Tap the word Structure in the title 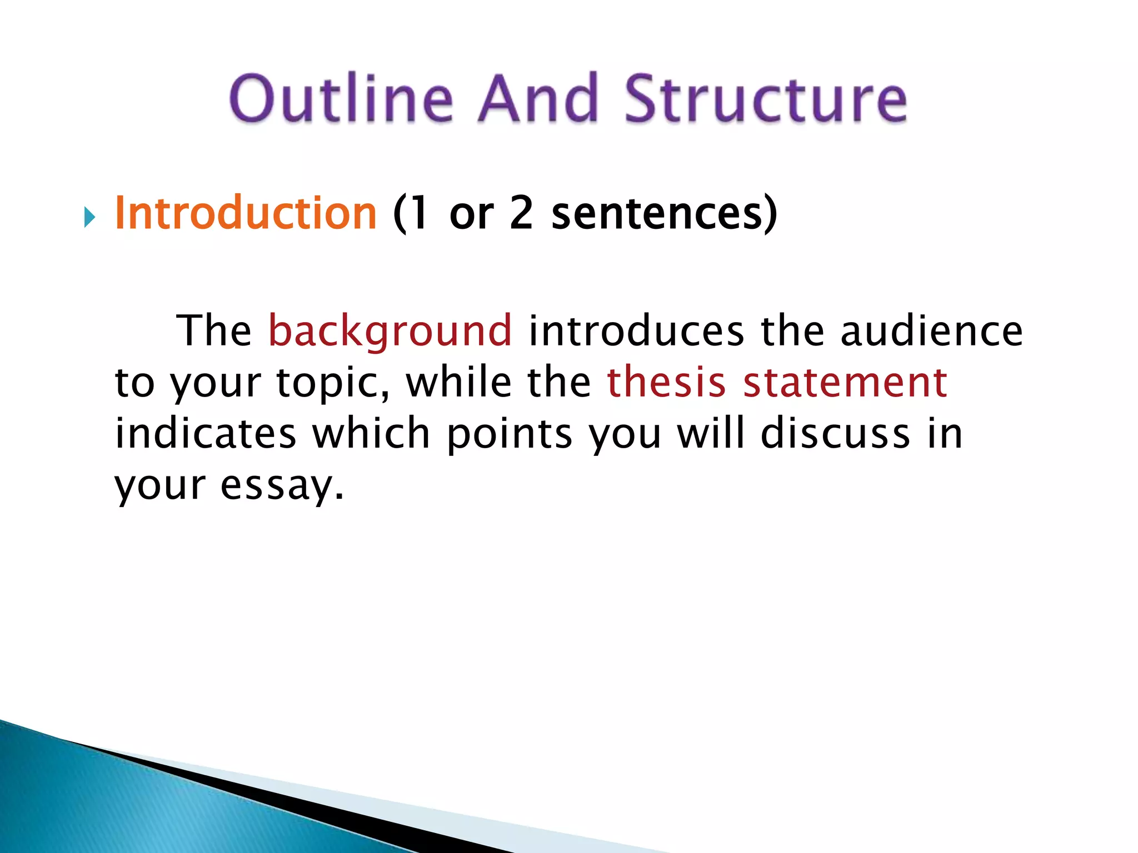765,99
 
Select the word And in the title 538,99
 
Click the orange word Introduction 246,213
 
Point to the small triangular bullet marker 89,217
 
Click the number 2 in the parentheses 521,213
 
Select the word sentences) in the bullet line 664,213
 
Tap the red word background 390,331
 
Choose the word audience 931,331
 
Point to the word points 509,434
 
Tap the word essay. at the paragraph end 282,485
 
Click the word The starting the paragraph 214,331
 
